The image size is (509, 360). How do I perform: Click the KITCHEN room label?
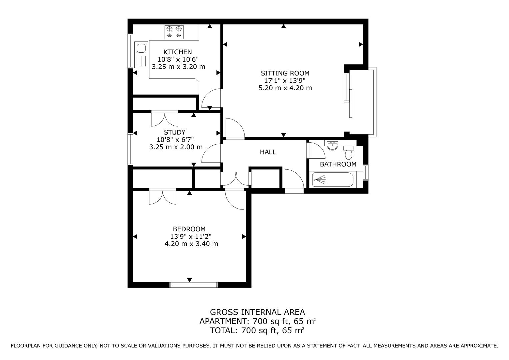pyautogui.click(x=177, y=52)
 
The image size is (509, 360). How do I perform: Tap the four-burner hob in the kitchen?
pyautogui.click(x=174, y=32)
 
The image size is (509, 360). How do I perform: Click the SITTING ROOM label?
pyautogui.click(x=285, y=73)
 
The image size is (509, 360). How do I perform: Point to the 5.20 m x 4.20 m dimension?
pyautogui.click(x=285, y=88)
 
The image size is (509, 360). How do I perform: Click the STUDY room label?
pyautogui.click(x=174, y=132)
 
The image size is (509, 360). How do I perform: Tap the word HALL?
pyautogui.click(x=268, y=152)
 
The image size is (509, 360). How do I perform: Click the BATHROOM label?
pyautogui.click(x=338, y=164)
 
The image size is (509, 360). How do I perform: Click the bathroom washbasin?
pyautogui.click(x=332, y=145)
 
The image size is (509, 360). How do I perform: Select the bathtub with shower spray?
pyautogui.click(x=333, y=180)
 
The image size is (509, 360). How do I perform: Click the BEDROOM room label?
pyautogui.click(x=189, y=229)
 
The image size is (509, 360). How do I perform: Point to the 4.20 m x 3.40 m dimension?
pyautogui.click(x=191, y=244)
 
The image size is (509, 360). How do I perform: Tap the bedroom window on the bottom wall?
pyautogui.click(x=194, y=285)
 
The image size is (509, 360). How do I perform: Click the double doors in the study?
pyautogui.click(x=164, y=119)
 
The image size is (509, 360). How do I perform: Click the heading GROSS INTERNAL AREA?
pyautogui.click(x=257, y=312)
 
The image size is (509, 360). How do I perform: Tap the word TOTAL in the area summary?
pyautogui.click(x=223, y=331)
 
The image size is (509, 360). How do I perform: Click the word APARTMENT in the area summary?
pyautogui.click(x=222, y=321)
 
